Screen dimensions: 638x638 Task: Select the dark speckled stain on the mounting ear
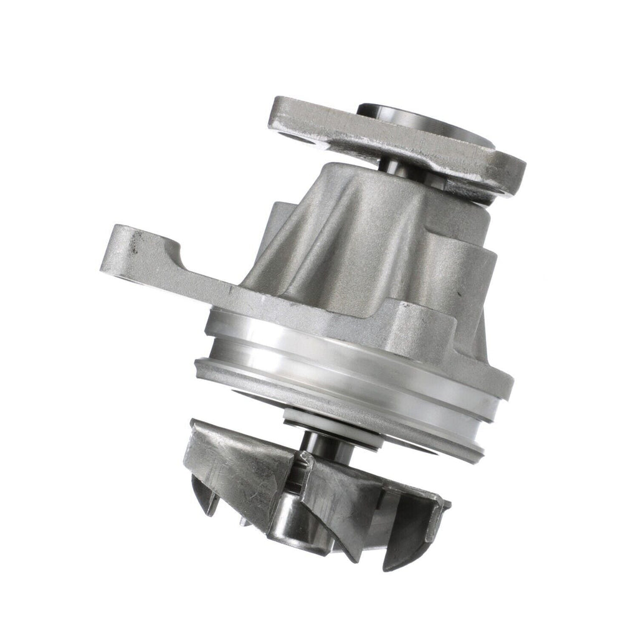[133, 249]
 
